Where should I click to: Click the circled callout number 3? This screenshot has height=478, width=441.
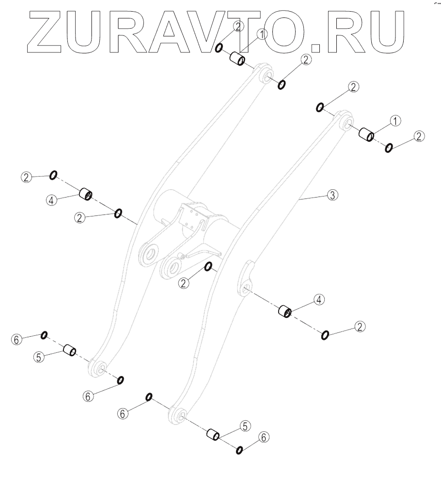(x=332, y=195)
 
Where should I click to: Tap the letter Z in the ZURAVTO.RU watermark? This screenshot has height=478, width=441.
(x=46, y=31)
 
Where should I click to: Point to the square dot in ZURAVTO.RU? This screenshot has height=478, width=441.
(x=316, y=47)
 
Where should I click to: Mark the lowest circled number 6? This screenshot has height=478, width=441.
(x=263, y=437)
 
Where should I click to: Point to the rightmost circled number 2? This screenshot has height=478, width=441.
(x=420, y=136)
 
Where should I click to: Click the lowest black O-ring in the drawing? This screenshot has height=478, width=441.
(x=239, y=451)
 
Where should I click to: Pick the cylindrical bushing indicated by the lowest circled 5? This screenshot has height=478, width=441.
(x=214, y=435)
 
